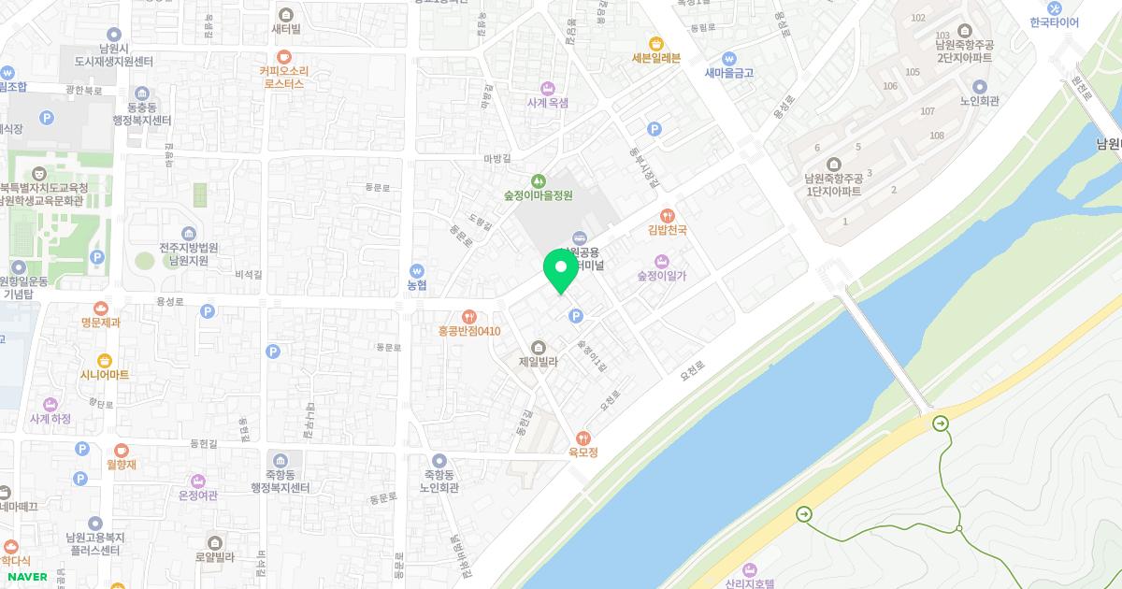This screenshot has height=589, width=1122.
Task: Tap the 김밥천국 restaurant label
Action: [x=668, y=229]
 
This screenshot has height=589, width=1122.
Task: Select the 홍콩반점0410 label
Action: [x=469, y=331]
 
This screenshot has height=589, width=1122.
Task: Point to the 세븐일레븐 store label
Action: [x=655, y=57]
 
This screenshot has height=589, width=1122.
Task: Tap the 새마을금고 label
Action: [x=728, y=72]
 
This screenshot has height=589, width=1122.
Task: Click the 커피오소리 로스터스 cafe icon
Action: [x=284, y=56]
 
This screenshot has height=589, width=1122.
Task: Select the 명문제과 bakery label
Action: [x=101, y=323]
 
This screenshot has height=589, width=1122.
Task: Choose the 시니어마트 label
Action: [x=104, y=374]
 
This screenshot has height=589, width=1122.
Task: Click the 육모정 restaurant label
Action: [x=583, y=452]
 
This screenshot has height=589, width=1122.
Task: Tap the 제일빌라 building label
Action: [x=538, y=361]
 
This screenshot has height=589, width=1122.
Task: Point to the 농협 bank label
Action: [x=416, y=284]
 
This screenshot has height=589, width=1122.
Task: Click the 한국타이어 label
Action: [x=1054, y=22]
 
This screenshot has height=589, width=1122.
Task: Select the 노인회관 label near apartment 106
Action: [x=979, y=101]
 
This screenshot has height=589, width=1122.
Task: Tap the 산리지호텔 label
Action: [x=750, y=582]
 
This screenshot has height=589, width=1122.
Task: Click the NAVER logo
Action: [x=26, y=577]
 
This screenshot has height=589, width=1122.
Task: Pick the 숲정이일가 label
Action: [x=662, y=275]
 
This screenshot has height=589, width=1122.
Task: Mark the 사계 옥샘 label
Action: [x=547, y=103]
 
